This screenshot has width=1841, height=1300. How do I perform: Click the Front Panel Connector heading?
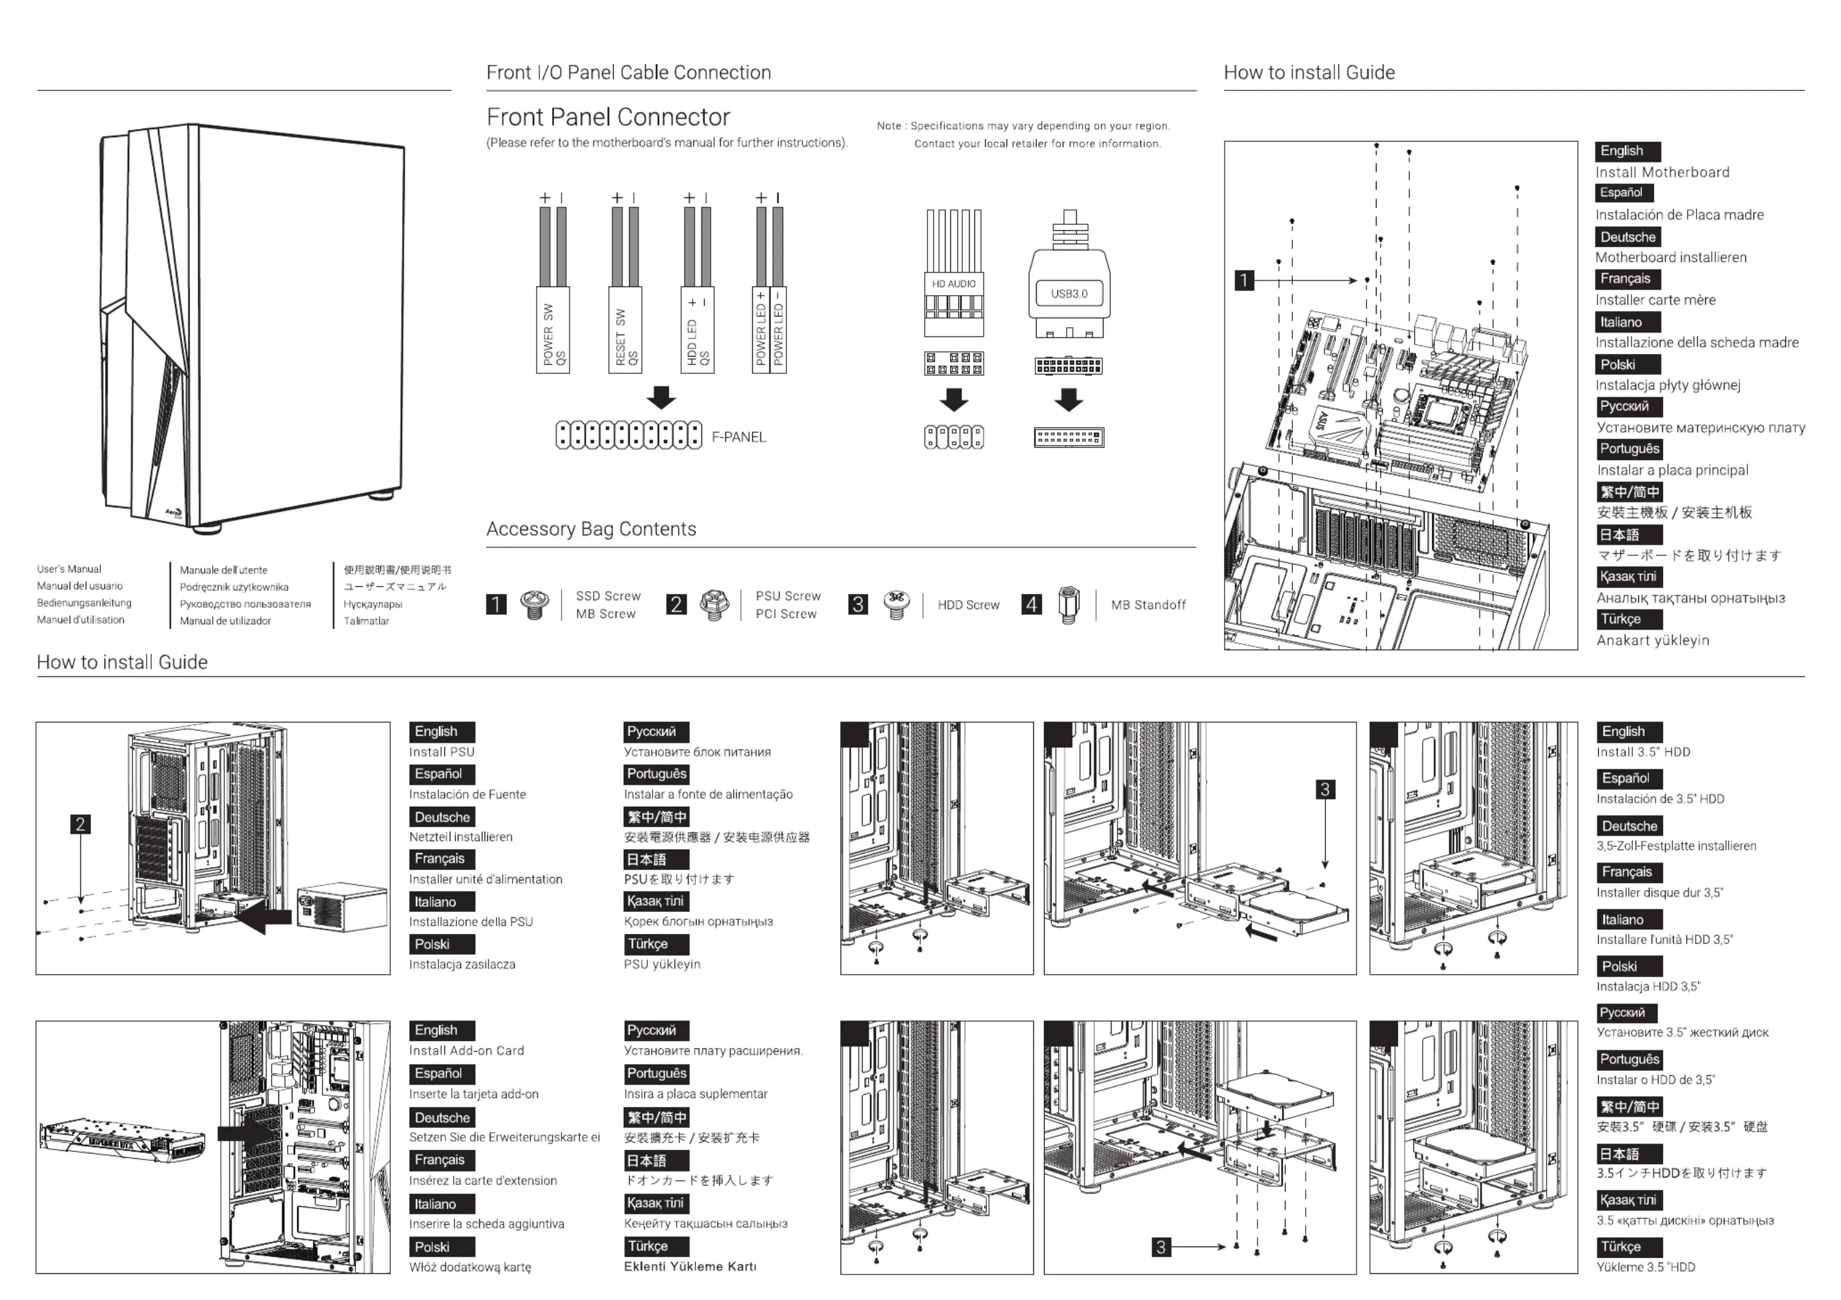click(x=608, y=117)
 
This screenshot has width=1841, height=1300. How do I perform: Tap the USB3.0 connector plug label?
click(x=1069, y=293)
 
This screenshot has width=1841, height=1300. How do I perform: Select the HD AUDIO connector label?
click(x=954, y=284)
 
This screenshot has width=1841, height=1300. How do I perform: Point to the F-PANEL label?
click(x=739, y=437)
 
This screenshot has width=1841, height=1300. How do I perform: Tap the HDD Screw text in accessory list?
click(x=968, y=605)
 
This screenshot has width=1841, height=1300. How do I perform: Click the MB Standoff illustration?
click(x=1069, y=604)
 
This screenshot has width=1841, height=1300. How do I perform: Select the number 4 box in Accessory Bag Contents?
click(x=1032, y=604)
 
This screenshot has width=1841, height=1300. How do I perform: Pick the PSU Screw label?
click(x=788, y=596)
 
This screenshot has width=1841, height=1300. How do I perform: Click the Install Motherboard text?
click(x=1662, y=173)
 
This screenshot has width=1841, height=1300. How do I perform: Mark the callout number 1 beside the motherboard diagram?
click(x=1243, y=280)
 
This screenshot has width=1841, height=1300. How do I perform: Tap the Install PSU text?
click(x=442, y=752)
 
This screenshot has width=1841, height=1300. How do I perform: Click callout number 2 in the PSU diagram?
click(x=80, y=824)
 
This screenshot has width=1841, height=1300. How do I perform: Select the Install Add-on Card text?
click(x=466, y=1050)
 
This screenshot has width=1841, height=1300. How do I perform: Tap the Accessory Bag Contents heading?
click(x=591, y=529)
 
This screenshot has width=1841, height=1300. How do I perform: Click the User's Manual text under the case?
click(x=69, y=569)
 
